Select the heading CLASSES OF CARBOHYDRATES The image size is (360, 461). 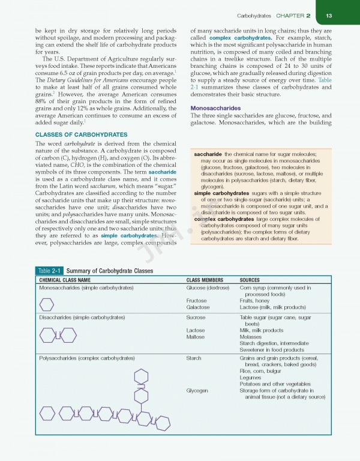point(81,134)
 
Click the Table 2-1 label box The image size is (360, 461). point(50,271)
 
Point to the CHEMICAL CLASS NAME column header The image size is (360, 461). point(65,280)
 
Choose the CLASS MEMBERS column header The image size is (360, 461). point(205,280)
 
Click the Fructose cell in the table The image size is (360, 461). point(197,301)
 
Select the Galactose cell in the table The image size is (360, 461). point(198,307)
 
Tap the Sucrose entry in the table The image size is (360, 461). point(196,317)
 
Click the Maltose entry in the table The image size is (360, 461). point(196,337)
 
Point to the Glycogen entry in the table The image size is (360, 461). point(197,390)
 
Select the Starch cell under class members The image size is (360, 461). point(194,358)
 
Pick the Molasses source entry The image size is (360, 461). point(253,337)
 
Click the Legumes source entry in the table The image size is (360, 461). point(252,377)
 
